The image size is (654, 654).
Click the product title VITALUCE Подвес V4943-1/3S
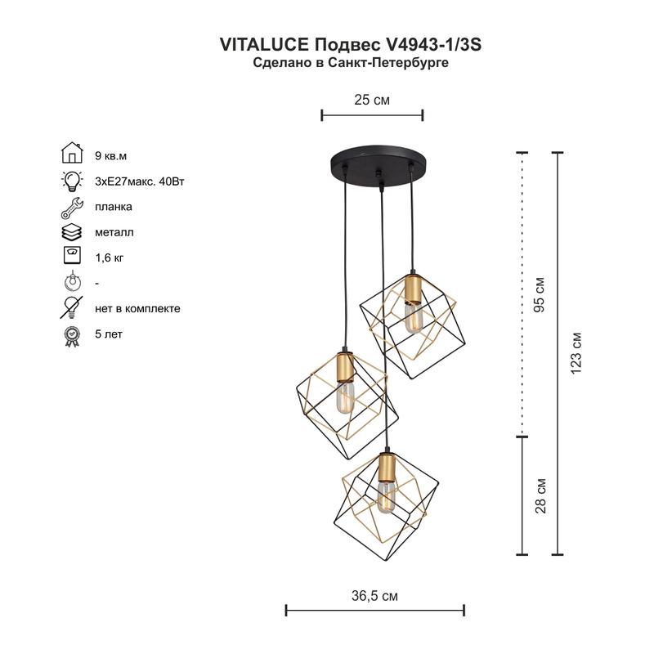click(x=350, y=45)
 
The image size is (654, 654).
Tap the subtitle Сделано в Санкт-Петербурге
click(x=350, y=63)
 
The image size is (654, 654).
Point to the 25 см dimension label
click(x=371, y=100)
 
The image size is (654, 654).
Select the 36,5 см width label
click(x=374, y=596)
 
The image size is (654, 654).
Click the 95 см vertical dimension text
click(x=540, y=294)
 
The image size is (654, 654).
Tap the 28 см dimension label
click(x=540, y=495)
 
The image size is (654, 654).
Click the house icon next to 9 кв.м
click(x=73, y=155)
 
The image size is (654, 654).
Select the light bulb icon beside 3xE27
click(x=73, y=181)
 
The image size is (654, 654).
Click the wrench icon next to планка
click(x=73, y=207)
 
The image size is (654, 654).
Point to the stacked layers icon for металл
click(x=73, y=232)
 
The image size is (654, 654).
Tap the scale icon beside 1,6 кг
click(x=73, y=257)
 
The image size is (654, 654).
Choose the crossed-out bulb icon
click(x=73, y=308)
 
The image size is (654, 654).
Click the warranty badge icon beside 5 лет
click(x=73, y=334)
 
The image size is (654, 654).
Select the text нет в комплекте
click(x=137, y=308)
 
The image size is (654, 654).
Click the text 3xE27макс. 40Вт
click(x=140, y=181)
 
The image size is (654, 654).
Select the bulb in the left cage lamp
click(x=343, y=400)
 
